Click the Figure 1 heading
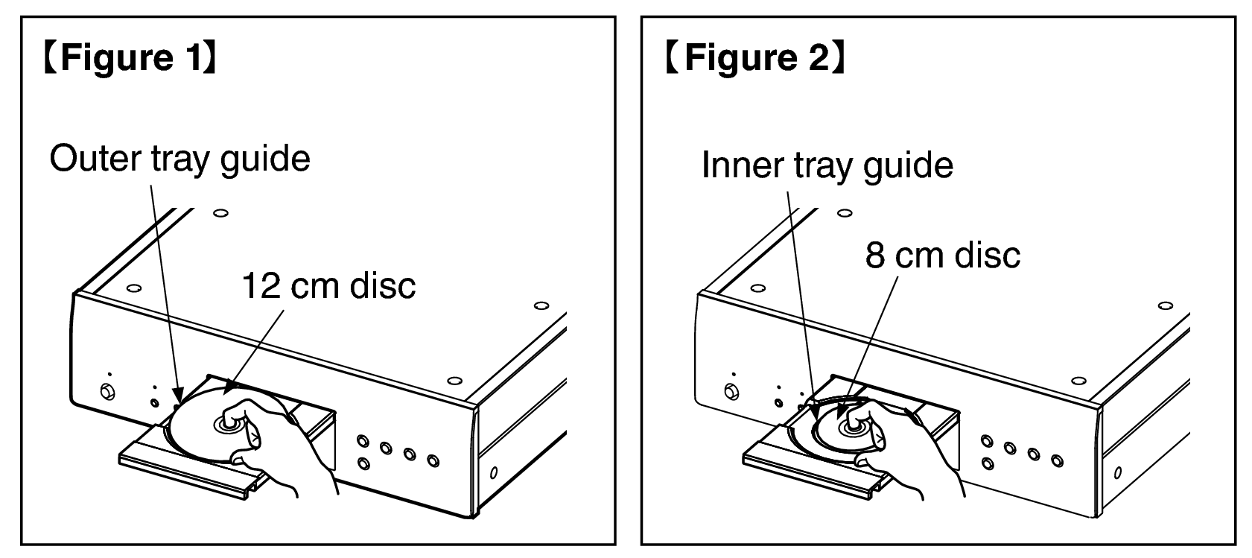[130, 57]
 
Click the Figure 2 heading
[756, 57]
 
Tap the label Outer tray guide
[180, 159]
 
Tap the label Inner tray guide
[827, 165]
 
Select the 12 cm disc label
[328, 285]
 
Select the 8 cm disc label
[943, 255]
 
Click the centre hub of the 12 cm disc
[227, 424]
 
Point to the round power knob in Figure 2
[731, 391]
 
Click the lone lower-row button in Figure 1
[364, 463]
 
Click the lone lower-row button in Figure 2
[988, 463]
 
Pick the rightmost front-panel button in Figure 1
[433, 460]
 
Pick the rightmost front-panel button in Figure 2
[1057, 460]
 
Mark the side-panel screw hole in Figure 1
[494, 473]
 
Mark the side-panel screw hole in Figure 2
[1117, 473]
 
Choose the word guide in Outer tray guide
[265, 160]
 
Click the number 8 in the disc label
[874, 256]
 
